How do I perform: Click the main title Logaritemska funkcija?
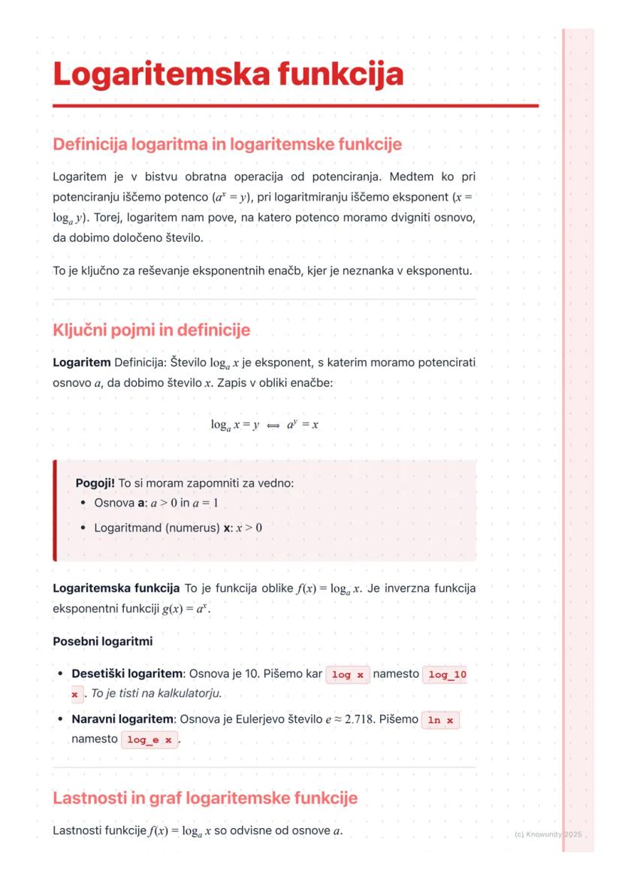point(228,75)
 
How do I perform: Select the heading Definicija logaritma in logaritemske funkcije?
point(227,144)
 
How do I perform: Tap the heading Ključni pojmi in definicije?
point(151,330)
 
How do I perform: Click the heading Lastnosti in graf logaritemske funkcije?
point(204,797)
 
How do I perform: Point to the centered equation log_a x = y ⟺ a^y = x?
point(264,425)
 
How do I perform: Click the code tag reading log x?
point(346,675)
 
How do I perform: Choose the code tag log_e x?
point(149,739)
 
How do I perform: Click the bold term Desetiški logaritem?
point(127,674)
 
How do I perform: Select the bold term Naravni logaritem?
point(122,719)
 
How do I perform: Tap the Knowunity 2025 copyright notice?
point(548,835)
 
